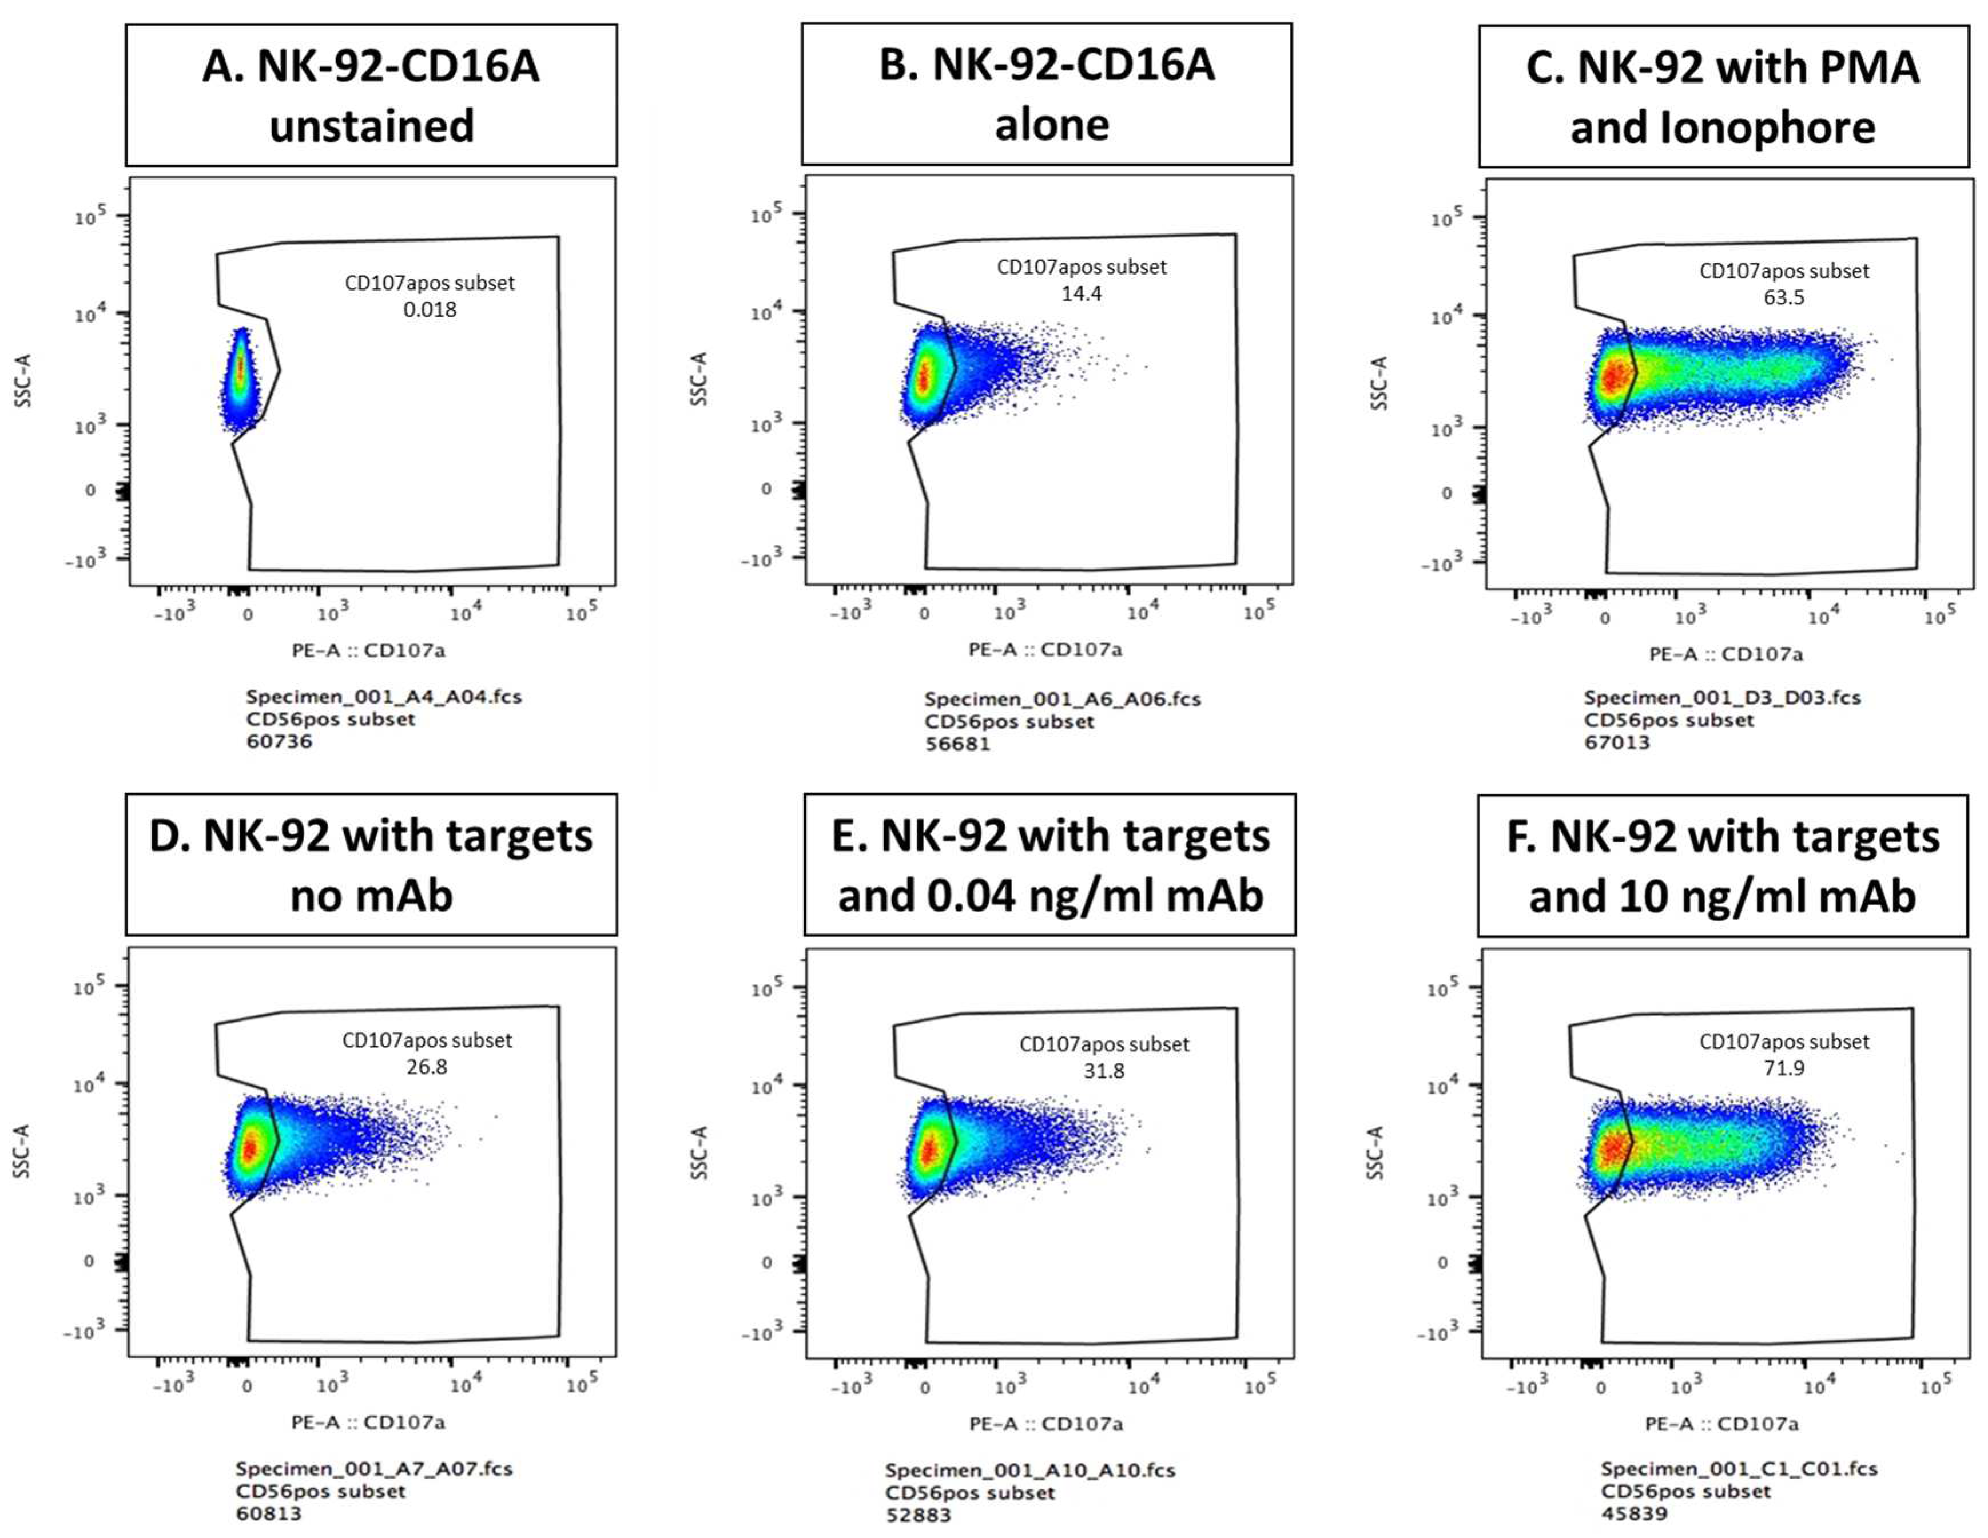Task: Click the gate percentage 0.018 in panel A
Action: click(430, 309)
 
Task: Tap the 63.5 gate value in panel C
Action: click(1783, 297)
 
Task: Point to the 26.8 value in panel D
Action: click(426, 1067)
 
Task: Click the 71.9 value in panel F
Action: click(1783, 1067)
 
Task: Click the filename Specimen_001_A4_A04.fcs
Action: click(383, 696)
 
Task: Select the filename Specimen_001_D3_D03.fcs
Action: click(1722, 697)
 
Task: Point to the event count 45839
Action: click(1634, 1513)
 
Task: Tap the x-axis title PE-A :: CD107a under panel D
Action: click(368, 1421)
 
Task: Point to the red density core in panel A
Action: click(240, 368)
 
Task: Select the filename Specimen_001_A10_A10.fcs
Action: click(1029, 1470)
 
